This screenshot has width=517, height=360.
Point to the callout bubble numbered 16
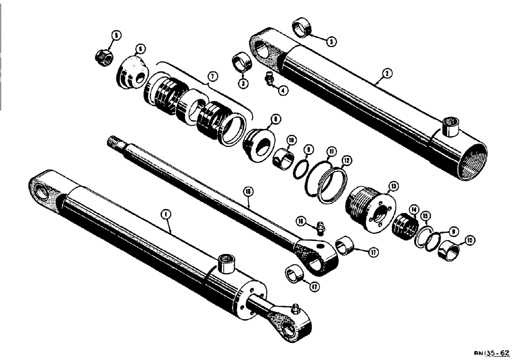(x=249, y=191)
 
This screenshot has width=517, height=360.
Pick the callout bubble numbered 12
(x=346, y=161)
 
